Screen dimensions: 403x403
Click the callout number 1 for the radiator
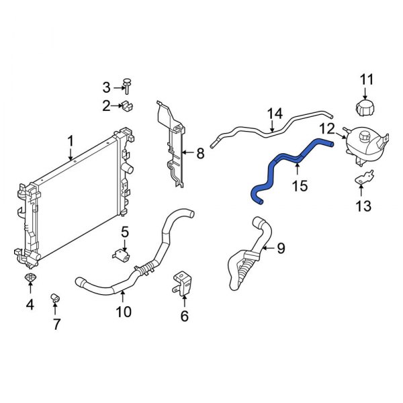70,140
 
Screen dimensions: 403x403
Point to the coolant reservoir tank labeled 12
363,145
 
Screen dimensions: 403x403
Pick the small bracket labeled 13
363,180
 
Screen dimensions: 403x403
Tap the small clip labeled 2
125,105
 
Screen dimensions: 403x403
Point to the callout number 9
281,249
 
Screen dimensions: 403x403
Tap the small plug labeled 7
56,298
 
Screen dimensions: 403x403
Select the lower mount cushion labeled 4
30,278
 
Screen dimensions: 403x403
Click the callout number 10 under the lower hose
123,312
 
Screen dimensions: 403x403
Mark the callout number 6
184,315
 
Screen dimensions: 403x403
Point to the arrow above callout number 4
30,290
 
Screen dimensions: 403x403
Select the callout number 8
199,154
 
